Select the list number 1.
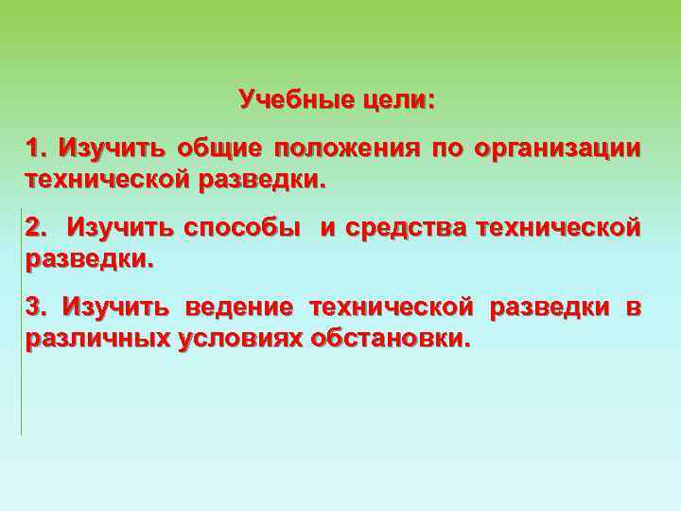(x=37, y=149)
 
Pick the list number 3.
(x=37, y=308)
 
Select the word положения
(x=346, y=150)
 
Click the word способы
(x=242, y=229)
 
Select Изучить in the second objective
(x=120, y=228)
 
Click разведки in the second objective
(x=87, y=258)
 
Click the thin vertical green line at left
(x=21, y=322)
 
